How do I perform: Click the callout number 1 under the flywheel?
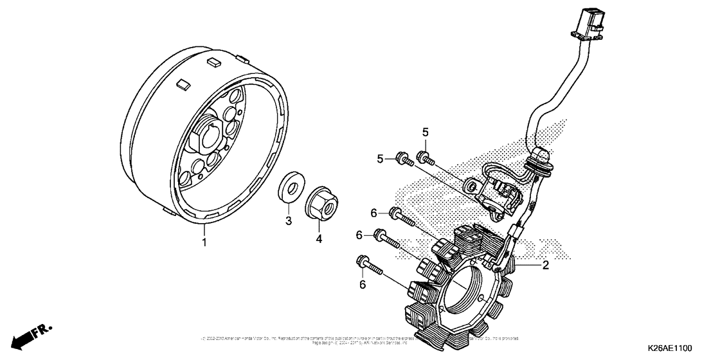(204, 242)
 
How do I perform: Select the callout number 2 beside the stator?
(545, 265)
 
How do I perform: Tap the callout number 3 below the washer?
(289, 221)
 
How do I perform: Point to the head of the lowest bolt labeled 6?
(361, 262)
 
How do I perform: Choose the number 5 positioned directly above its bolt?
(425, 132)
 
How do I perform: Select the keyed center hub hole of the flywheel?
(210, 136)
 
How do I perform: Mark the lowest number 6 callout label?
(361, 283)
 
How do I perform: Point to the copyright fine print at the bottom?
(360, 340)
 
